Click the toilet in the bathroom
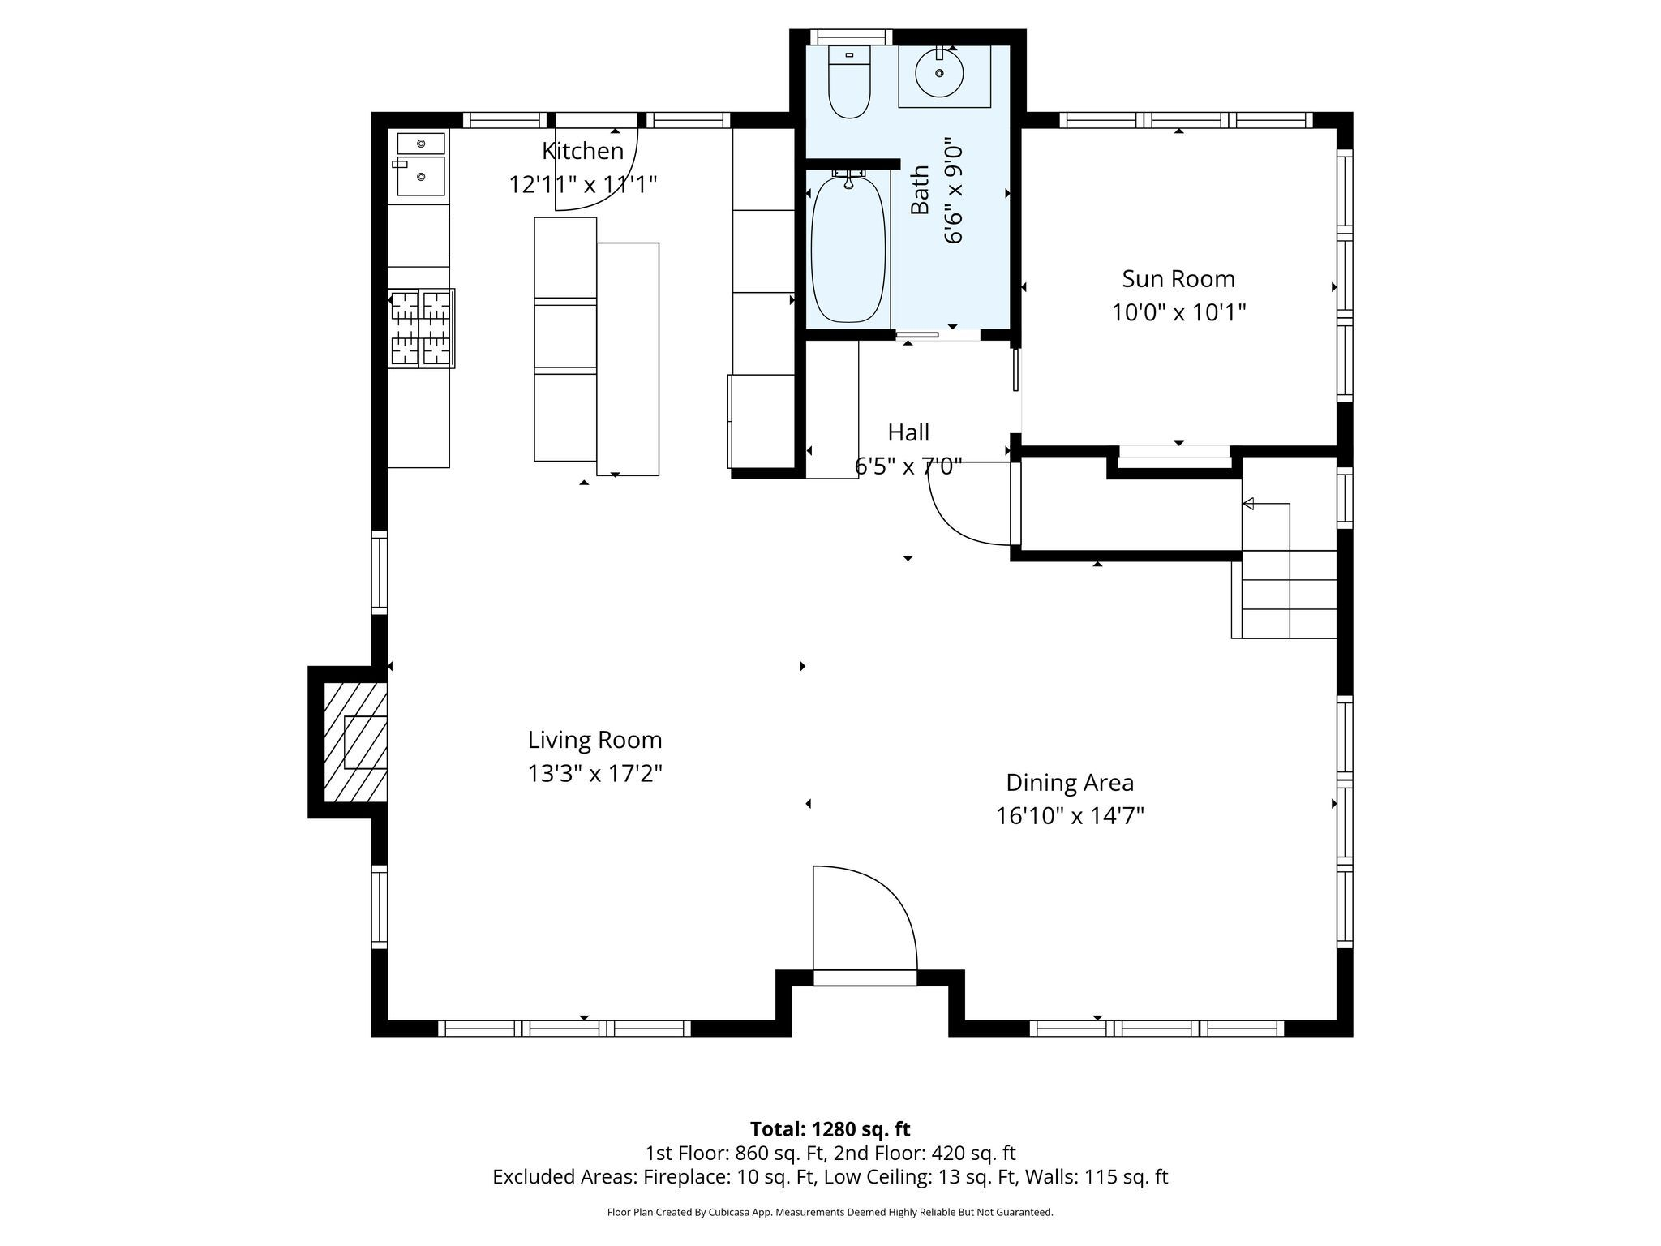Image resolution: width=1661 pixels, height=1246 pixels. [849, 81]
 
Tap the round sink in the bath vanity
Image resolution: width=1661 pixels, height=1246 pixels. [939, 73]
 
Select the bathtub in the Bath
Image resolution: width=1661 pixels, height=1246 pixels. [848, 248]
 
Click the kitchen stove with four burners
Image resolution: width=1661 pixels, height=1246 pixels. [421, 328]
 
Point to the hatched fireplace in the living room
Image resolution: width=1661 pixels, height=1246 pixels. [354, 741]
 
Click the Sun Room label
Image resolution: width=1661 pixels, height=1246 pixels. [1178, 279]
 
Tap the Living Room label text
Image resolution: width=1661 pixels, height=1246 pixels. [595, 740]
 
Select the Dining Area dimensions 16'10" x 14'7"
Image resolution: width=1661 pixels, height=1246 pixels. [1070, 815]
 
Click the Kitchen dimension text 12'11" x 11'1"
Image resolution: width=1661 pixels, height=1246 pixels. [582, 185]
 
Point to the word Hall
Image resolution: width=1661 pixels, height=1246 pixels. [908, 432]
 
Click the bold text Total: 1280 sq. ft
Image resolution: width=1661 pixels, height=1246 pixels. [830, 1129]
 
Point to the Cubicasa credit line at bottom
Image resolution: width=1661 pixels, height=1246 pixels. [830, 1213]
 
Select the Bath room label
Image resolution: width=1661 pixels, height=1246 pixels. [920, 190]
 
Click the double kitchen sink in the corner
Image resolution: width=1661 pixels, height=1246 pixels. [421, 165]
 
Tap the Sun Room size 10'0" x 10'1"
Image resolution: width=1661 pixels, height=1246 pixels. [1178, 312]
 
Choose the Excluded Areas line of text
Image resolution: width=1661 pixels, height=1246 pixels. [830, 1177]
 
